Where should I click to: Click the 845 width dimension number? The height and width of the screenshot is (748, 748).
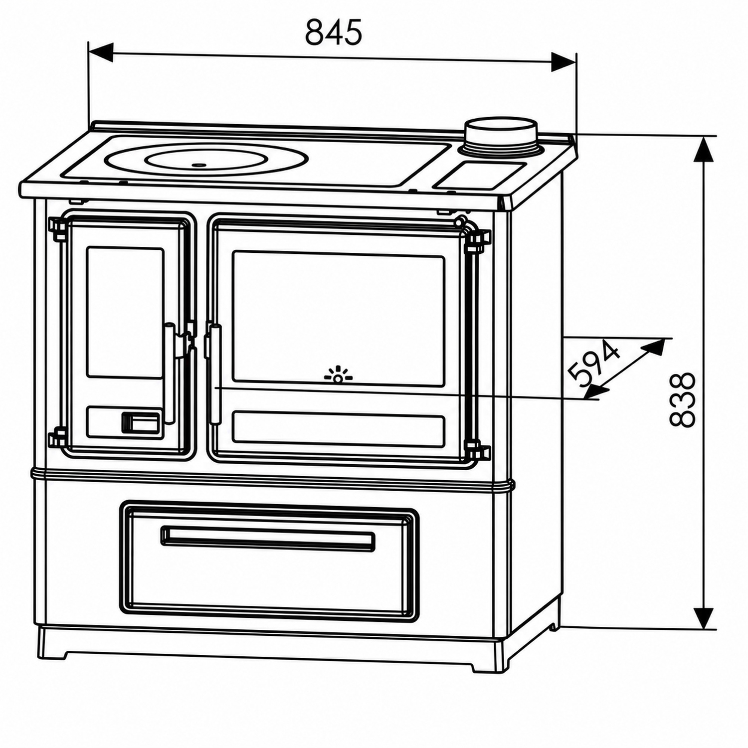tap(333, 32)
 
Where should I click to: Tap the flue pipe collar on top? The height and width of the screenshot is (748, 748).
tap(501, 137)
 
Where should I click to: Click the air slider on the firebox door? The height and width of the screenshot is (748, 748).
tap(141, 422)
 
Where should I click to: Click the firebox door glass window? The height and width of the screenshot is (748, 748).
tap(125, 312)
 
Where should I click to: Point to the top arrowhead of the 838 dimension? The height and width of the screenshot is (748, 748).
tap(704, 149)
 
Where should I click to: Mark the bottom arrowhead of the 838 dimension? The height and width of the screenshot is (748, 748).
tap(704, 617)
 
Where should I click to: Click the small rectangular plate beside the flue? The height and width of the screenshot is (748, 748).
tap(480, 176)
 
